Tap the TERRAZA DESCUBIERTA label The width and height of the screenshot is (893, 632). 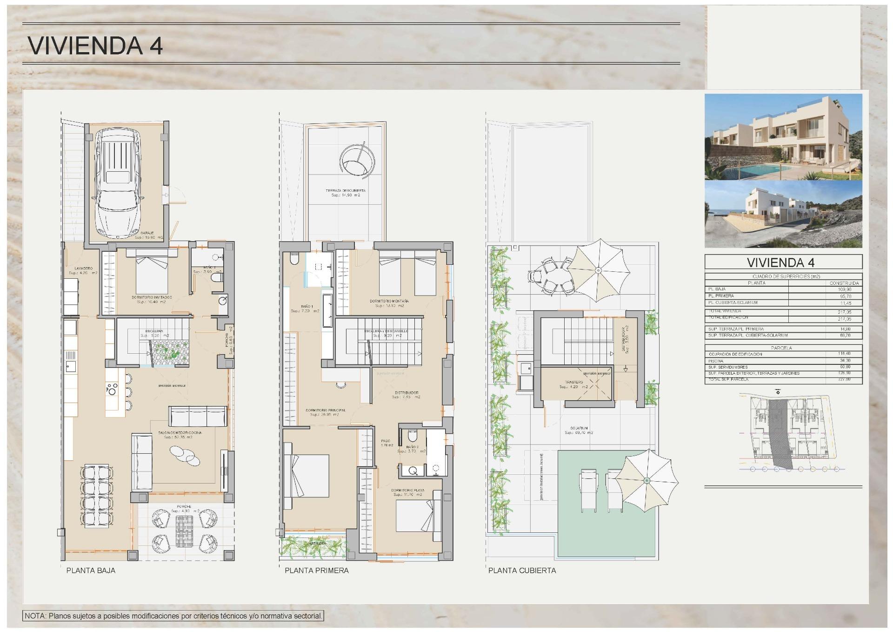(345, 191)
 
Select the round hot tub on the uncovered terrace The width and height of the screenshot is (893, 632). (357, 160)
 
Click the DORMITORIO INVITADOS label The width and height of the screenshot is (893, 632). (152, 297)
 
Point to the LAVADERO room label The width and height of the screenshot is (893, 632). (84, 269)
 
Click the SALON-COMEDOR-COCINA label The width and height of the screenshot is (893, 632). (180, 433)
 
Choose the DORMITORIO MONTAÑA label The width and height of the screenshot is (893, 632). (389, 301)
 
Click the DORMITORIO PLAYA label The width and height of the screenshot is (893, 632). (407, 491)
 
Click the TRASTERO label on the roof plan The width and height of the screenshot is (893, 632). (574, 382)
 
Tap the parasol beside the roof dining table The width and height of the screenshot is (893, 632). (599, 270)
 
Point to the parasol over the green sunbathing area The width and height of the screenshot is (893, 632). (646, 480)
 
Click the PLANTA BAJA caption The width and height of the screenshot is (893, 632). (91, 571)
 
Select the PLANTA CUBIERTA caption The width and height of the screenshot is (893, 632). (522, 571)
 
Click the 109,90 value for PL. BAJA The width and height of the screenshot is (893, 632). (844, 289)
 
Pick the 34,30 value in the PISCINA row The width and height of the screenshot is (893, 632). (844, 361)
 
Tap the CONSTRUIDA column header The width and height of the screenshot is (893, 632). (844, 283)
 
